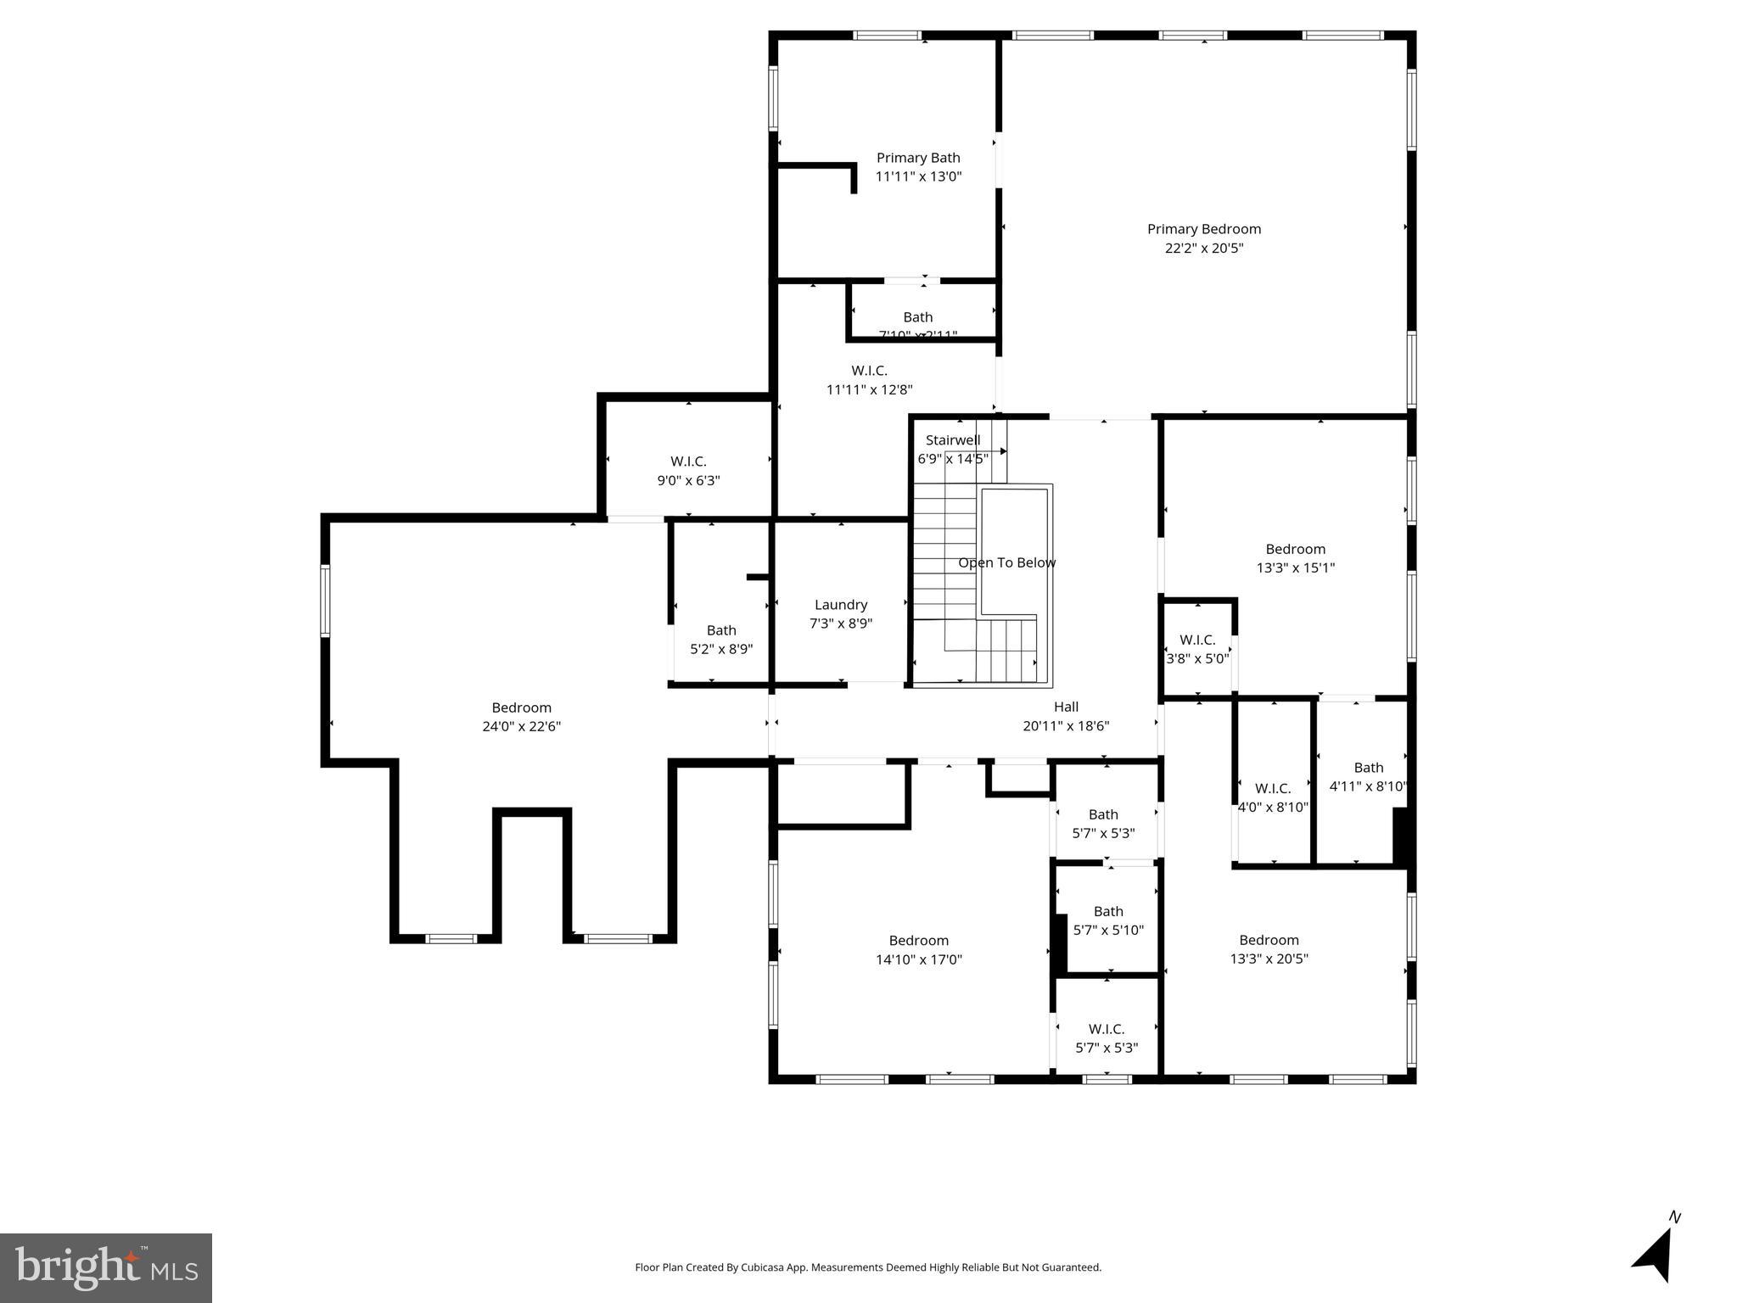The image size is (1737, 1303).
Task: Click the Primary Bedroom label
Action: [1203, 229]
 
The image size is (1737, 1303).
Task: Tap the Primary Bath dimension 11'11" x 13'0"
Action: [918, 176]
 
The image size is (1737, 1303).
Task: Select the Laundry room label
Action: [840, 605]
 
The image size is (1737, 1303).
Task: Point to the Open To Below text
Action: [1006, 563]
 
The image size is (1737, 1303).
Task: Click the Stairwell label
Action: [952, 440]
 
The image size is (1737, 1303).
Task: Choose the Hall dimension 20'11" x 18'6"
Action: [1066, 726]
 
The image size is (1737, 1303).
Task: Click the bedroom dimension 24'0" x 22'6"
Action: [521, 726]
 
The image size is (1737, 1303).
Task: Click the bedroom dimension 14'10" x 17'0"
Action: [918, 959]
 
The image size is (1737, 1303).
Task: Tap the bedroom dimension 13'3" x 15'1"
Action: [1295, 568]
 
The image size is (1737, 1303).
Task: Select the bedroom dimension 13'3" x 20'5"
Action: [1269, 959]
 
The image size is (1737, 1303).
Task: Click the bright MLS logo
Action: [106, 1267]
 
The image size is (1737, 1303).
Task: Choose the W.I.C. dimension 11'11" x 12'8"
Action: [869, 390]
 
